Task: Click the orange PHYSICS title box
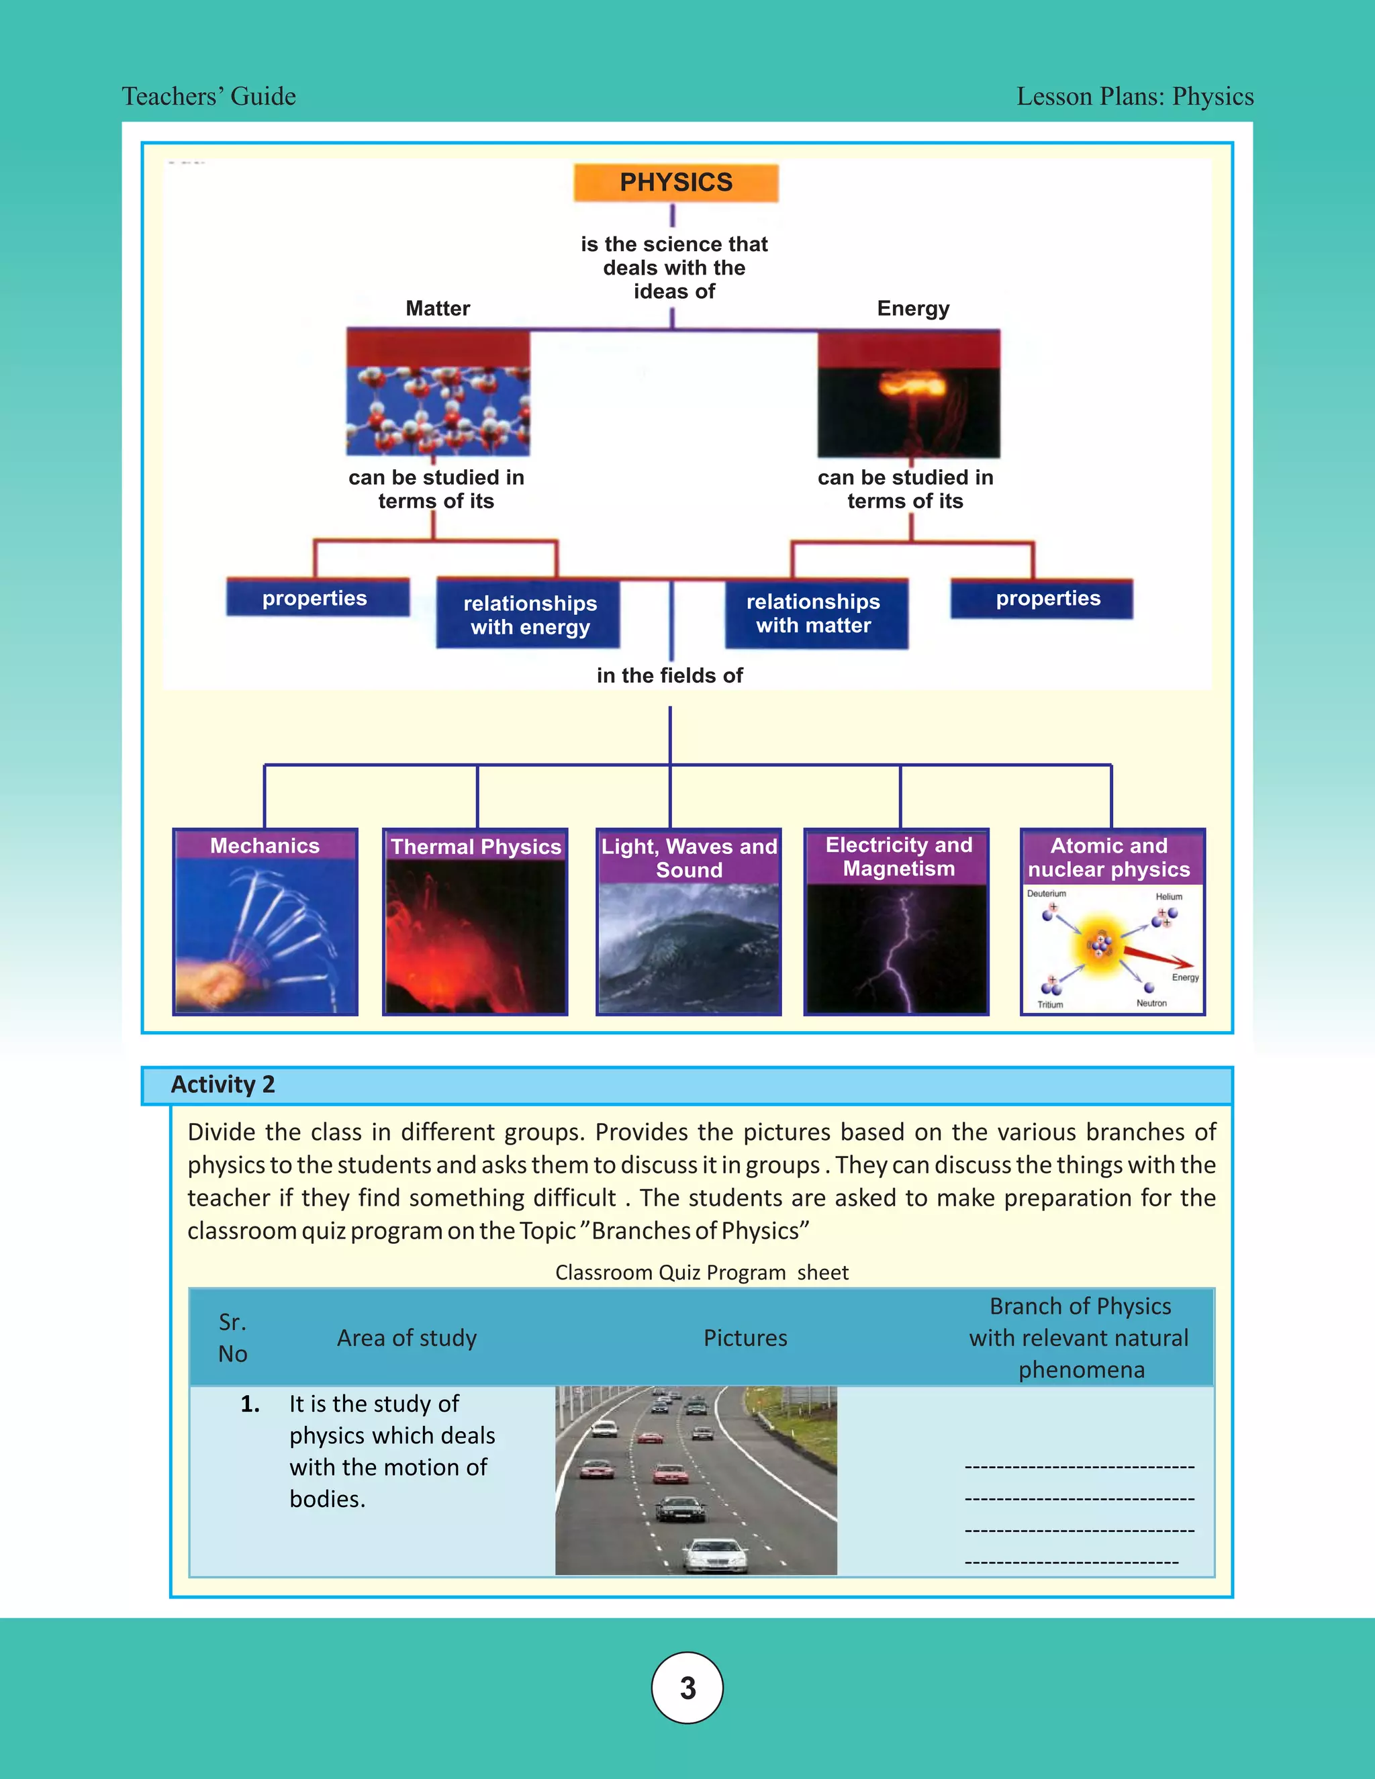pyautogui.click(x=675, y=183)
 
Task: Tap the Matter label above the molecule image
pyautogui.click(x=438, y=309)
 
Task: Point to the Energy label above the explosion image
pyautogui.click(x=913, y=309)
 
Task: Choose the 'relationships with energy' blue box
pyautogui.click(x=530, y=615)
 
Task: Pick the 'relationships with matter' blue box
pyautogui.click(x=814, y=614)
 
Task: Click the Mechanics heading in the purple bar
pyautogui.click(x=265, y=845)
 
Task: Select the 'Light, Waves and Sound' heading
pyautogui.click(x=689, y=858)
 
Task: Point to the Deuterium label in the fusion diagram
pyautogui.click(x=1046, y=894)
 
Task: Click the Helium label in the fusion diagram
pyautogui.click(x=1168, y=897)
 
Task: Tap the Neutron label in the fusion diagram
pyautogui.click(x=1151, y=1004)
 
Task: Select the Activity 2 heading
pyautogui.click(x=223, y=1085)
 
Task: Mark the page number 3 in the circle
pyautogui.click(x=687, y=1688)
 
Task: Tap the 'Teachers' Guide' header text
pyautogui.click(x=209, y=96)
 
